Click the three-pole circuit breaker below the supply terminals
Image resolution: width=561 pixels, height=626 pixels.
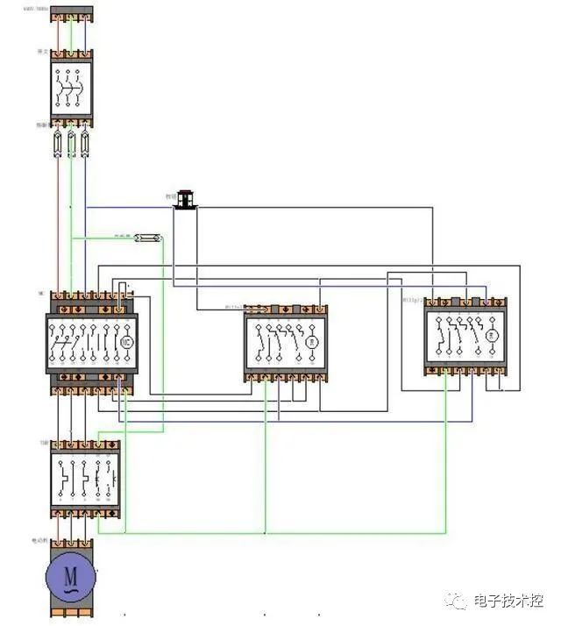pyautogui.click(x=71, y=85)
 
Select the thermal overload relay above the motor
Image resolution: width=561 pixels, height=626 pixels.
pyautogui.click(x=85, y=479)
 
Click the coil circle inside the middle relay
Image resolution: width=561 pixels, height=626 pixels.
pyautogui.click(x=309, y=340)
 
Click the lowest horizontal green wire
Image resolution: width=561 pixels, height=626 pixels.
pyautogui.click(x=285, y=532)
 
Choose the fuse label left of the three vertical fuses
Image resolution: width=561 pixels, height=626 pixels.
pyautogui.click(x=41, y=125)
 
